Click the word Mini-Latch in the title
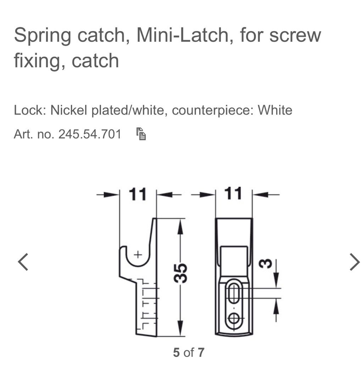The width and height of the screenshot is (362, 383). (183, 35)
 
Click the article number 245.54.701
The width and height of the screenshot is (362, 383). (90, 134)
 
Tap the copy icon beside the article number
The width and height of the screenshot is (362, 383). (141, 134)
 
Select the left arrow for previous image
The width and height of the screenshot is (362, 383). (23, 262)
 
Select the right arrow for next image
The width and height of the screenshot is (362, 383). (354, 262)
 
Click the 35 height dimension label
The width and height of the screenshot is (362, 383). (181, 273)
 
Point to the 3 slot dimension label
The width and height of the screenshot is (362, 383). (268, 263)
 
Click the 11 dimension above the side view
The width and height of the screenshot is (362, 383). (138, 194)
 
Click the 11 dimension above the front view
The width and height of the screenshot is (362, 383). (233, 194)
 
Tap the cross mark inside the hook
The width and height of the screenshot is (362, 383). (138, 254)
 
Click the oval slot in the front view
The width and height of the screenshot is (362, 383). (233, 293)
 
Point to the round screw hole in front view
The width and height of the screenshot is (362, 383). (233, 318)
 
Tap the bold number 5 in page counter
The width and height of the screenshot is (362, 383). (176, 353)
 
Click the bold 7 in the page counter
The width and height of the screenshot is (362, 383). (201, 353)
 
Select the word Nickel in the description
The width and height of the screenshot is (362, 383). (70, 110)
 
